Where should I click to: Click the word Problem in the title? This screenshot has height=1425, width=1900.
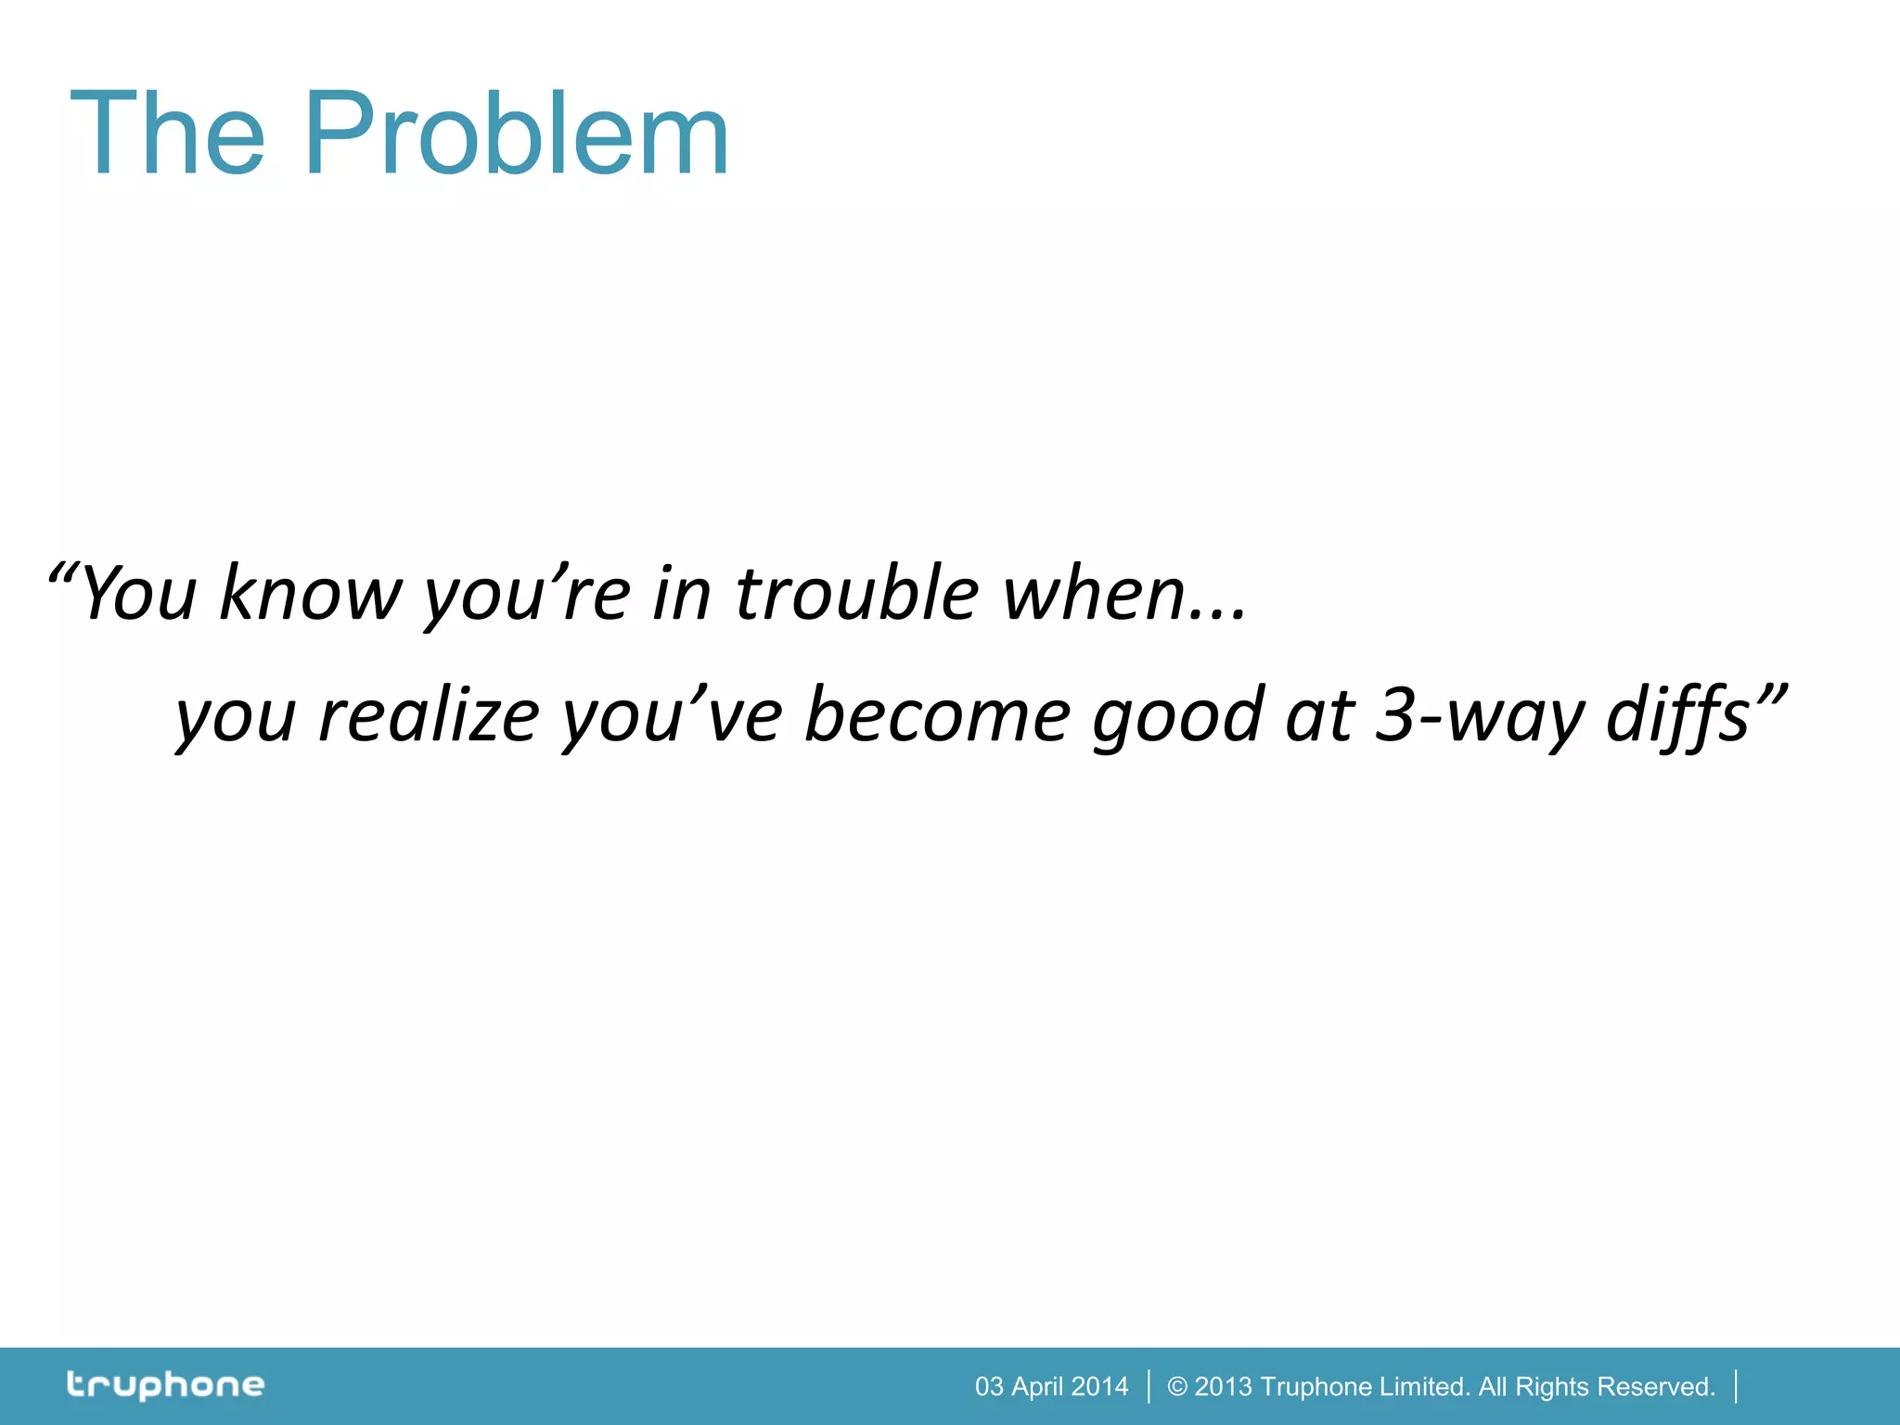pos(516,135)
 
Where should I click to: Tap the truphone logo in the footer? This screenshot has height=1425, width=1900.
pos(165,1385)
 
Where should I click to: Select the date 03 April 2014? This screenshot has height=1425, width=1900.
pos(1051,1386)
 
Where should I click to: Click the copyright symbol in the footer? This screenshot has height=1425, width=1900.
pos(1176,1386)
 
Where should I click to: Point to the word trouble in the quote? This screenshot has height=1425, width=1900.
pos(856,594)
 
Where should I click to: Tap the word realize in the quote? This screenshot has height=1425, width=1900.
pos(429,715)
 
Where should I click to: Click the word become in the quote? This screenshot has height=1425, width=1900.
pos(937,715)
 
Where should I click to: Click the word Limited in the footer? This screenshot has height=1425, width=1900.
pos(1424,1386)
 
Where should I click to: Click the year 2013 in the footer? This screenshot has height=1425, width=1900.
pos(1223,1386)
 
